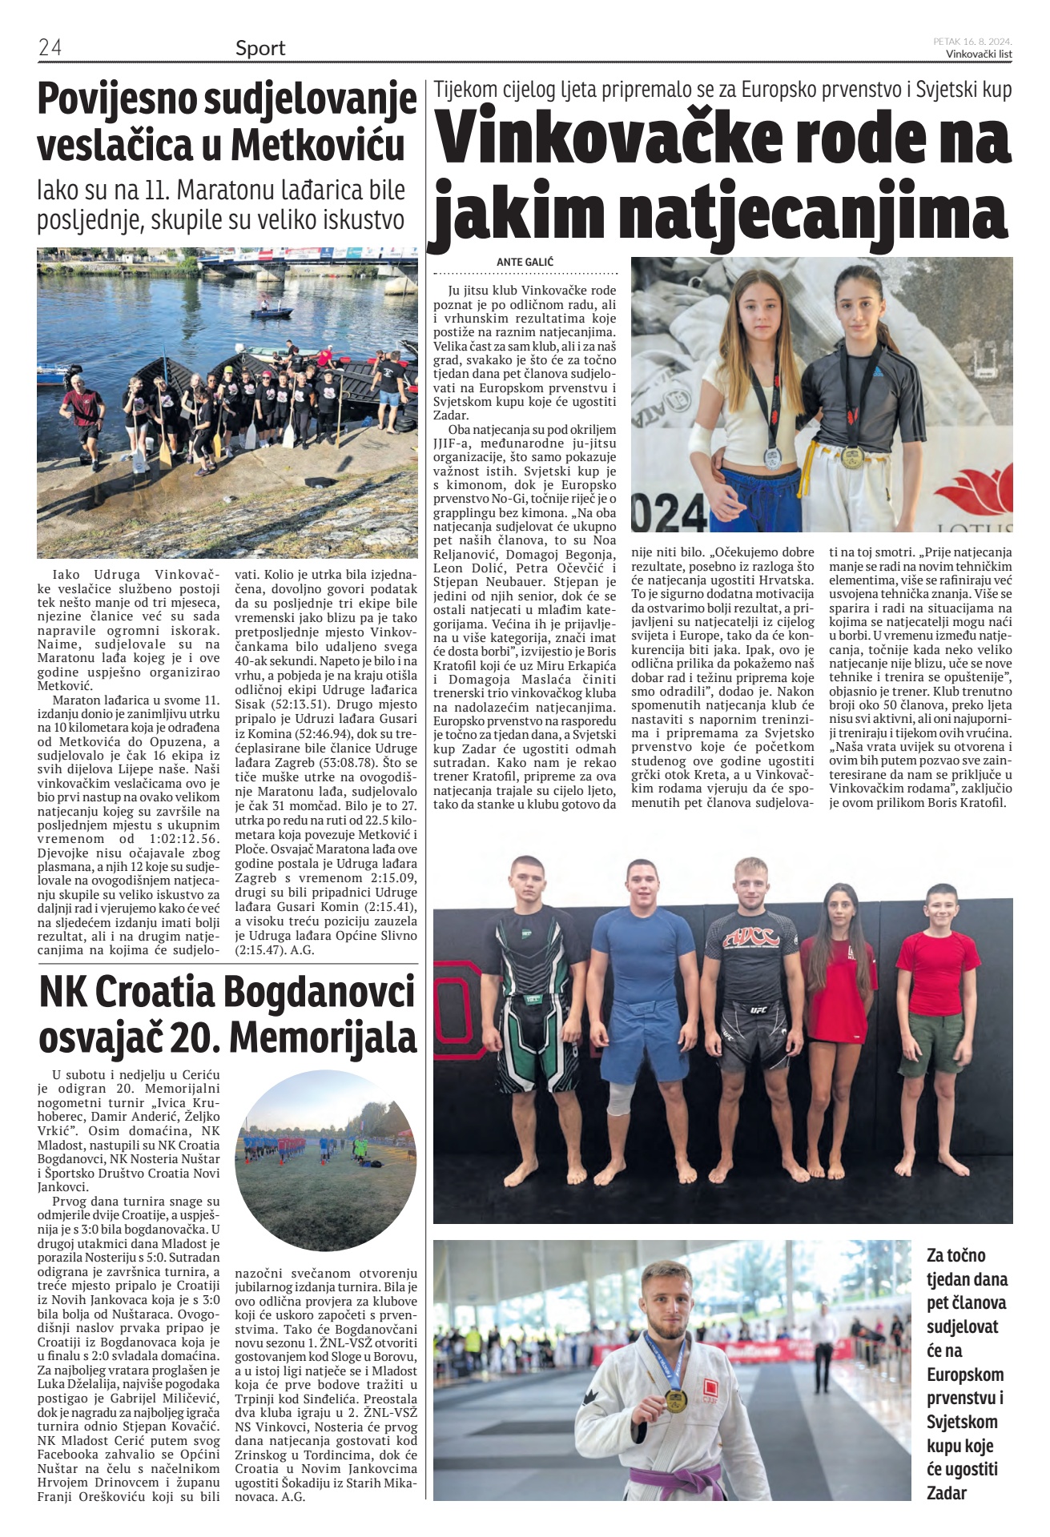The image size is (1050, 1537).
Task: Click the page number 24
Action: coord(50,48)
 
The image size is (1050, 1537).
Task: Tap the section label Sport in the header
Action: coord(260,48)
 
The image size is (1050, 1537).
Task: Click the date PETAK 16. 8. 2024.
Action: coord(972,41)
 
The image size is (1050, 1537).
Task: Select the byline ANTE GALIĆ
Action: coord(525,262)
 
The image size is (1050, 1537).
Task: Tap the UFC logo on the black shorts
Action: coord(758,1009)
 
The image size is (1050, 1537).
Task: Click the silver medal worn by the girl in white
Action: coord(772,459)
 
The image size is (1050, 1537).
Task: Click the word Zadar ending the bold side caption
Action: coord(947,1493)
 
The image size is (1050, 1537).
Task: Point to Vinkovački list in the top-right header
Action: coord(979,54)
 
